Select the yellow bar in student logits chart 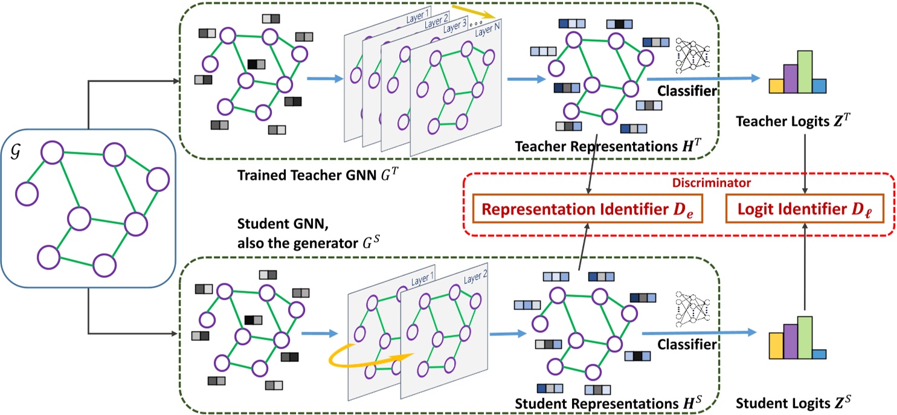(776, 345)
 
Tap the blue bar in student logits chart (818, 353)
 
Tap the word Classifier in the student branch (687, 345)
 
